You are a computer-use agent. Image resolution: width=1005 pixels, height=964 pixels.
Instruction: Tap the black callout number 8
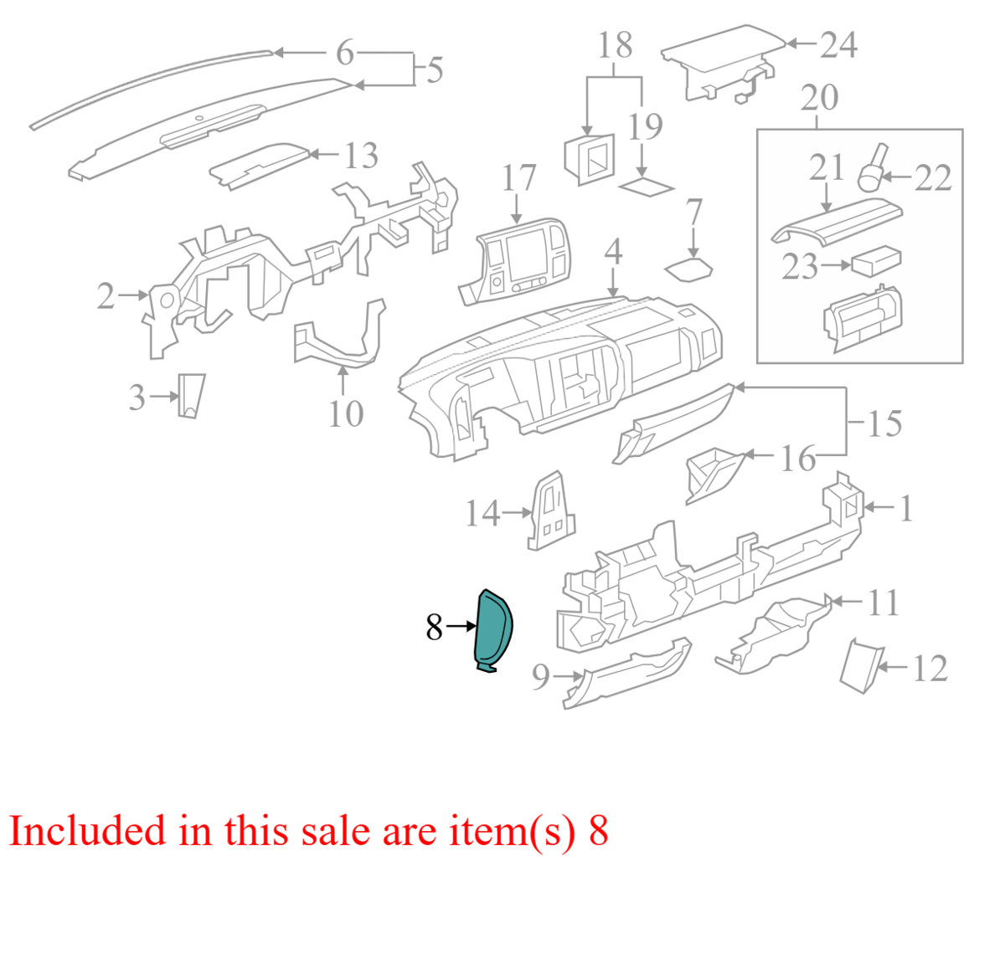coord(434,627)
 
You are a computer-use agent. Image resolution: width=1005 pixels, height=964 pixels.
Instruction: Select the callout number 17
coord(518,178)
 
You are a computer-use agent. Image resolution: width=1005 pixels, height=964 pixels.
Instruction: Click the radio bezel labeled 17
coord(517,261)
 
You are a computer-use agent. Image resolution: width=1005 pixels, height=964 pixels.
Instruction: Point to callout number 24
coord(838,44)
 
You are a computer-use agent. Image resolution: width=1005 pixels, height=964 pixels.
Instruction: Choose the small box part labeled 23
coord(876,261)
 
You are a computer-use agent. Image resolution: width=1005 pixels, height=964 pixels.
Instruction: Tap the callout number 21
coord(827,167)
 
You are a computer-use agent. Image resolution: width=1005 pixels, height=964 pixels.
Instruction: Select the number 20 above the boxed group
coord(819,98)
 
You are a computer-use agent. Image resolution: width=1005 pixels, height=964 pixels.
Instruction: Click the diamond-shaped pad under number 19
coord(646,187)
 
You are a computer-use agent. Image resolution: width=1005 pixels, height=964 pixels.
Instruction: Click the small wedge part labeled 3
coord(191,396)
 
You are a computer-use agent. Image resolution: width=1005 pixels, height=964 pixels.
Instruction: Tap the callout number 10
coord(346,413)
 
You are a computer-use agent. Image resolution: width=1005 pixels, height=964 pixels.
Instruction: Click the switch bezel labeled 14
coord(550,511)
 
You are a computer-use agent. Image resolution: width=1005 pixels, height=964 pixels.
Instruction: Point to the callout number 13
coord(361,156)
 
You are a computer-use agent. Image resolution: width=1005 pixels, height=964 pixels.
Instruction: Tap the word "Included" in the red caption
coord(87,832)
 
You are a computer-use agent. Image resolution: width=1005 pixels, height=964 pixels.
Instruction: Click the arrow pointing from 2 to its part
coord(132,295)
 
